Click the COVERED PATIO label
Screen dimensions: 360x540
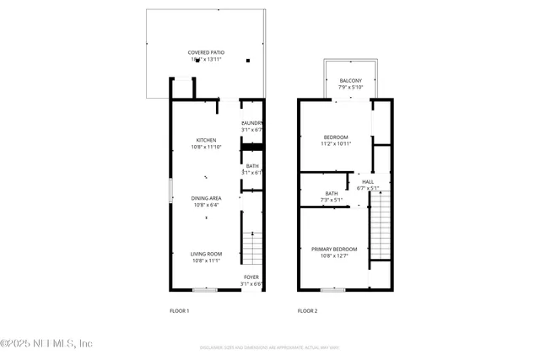click(206, 52)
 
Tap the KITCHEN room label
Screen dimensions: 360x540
click(206, 140)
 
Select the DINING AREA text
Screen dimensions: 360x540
click(207, 197)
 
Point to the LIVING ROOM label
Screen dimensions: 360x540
click(206, 253)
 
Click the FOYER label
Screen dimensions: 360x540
click(251, 277)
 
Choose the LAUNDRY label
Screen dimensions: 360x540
click(252, 123)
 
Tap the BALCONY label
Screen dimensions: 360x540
click(350, 80)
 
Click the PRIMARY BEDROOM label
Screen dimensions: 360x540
click(334, 249)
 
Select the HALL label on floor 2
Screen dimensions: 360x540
click(368, 181)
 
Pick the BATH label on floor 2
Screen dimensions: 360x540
click(308, 193)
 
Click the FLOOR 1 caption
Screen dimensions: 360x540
click(179, 311)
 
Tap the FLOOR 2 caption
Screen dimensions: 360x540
click(307, 311)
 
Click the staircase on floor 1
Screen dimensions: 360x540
click(252, 248)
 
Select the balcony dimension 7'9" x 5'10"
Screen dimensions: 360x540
click(350, 87)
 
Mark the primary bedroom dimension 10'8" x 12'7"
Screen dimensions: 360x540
click(334, 255)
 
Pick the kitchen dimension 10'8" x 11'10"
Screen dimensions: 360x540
click(206, 147)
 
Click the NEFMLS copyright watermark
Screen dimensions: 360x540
click(46, 343)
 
